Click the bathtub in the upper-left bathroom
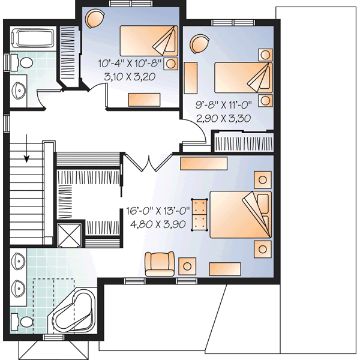coord(32,38)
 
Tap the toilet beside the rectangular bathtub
coord(24,62)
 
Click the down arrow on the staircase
coord(28,157)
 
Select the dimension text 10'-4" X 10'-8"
coord(131,63)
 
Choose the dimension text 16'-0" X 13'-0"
coord(158,211)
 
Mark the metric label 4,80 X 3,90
coord(158,225)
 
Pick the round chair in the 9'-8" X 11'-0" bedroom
coord(199,44)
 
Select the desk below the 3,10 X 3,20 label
coord(143,99)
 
